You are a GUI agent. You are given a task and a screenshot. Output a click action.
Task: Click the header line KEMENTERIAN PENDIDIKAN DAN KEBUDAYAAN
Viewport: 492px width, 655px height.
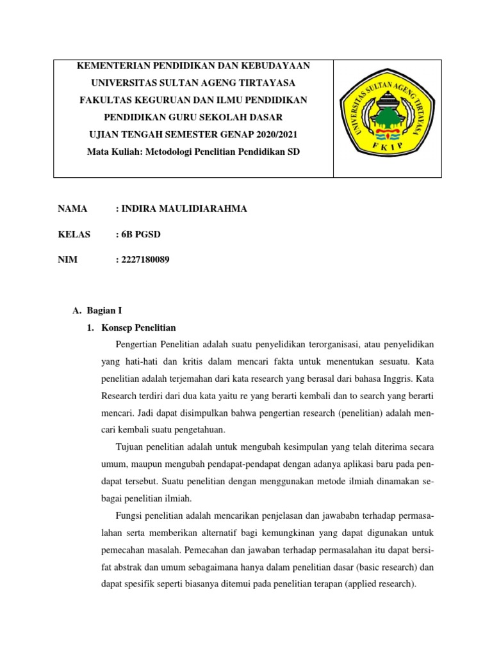[x=193, y=66]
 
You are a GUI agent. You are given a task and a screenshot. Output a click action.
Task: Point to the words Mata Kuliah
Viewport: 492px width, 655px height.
[x=110, y=152]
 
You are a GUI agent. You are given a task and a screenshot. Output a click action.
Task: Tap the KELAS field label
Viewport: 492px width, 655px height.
[x=74, y=234]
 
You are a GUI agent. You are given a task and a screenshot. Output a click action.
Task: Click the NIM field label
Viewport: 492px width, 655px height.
[x=67, y=259]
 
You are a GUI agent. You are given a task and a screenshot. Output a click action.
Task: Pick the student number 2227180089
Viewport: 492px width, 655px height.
[x=145, y=259]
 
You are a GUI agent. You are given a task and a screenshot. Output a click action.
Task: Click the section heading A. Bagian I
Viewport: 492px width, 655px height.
[x=97, y=311]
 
